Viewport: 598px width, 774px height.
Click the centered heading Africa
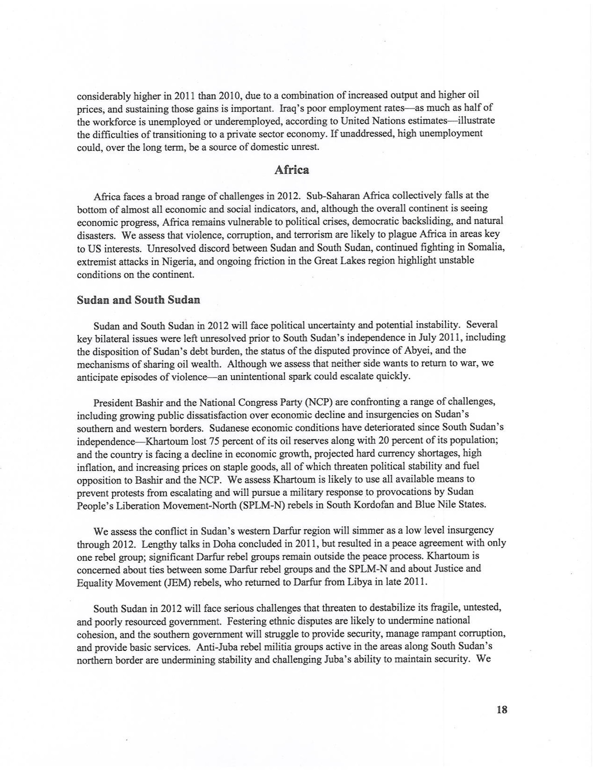pyautogui.click(x=291, y=170)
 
